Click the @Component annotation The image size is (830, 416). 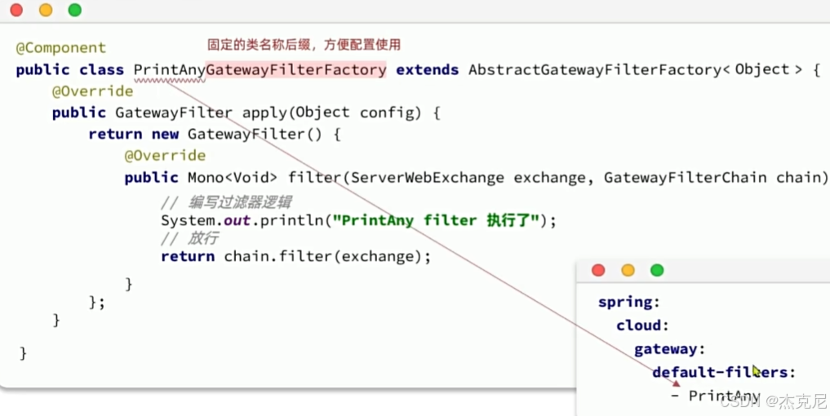pyautogui.click(x=60, y=48)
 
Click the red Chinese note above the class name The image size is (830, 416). pyautogui.click(x=304, y=45)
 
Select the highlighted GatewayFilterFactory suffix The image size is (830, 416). pyautogui.click(x=296, y=70)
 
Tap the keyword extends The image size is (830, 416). pyautogui.click(x=427, y=70)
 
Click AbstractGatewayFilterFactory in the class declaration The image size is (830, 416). pyautogui.click(x=593, y=70)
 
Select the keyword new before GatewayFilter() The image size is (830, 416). pyautogui.click(x=165, y=134)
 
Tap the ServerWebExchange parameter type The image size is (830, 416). pyautogui.click(x=422, y=178)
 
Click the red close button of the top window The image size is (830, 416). pyautogui.click(x=16, y=10)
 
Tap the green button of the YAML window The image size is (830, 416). pyautogui.click(x=657, y=270)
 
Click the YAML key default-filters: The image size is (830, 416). pyautogui.click(x=723, y=373)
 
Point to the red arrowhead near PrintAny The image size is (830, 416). pyautogui.click(x=676, y=383)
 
